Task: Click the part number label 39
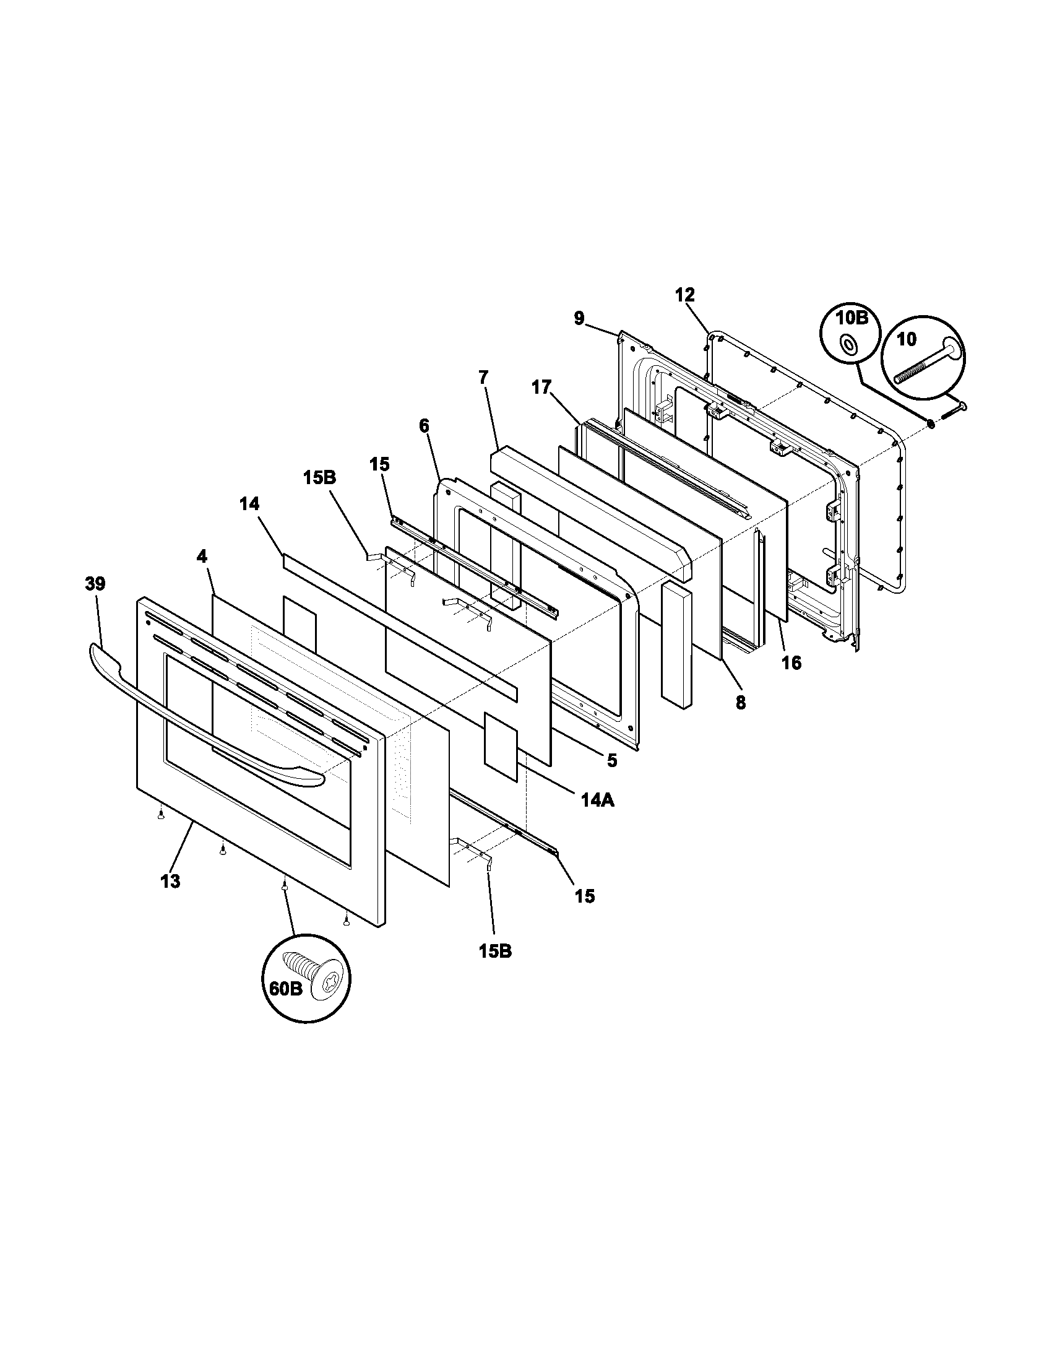95,584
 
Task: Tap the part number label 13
170,881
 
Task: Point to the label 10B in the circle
852,318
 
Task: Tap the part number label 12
684,295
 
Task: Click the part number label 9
580,319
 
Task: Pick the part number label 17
541,388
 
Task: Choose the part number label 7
484,377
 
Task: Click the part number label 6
424,426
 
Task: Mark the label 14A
598,800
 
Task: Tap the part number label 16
791,662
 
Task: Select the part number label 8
740,703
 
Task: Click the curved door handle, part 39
205,717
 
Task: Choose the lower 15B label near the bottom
496,952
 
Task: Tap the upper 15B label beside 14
320,478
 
